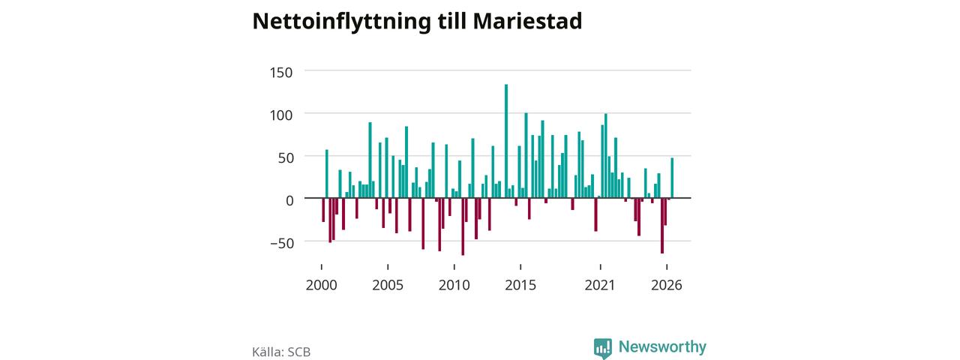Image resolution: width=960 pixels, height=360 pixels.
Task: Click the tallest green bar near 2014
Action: [506, 141]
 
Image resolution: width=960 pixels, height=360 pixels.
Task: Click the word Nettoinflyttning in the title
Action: [341, 22]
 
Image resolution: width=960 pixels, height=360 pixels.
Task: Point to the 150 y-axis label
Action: [281, 73]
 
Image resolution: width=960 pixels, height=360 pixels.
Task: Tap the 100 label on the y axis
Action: [281, 115]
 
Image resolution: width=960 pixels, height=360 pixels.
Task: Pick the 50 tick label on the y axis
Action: [286, 157]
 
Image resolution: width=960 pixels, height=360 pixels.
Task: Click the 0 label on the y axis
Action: [289, 200]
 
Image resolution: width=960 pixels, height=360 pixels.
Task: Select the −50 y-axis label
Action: [283, 243]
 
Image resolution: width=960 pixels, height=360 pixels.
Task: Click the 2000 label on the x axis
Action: [322, 285]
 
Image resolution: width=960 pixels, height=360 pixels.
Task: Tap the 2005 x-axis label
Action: [388, 285]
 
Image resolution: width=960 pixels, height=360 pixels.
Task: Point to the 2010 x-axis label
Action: [454, 285]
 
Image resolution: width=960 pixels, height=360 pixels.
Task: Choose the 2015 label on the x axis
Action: [520, 285]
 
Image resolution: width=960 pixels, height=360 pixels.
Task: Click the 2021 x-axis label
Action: [600, 285]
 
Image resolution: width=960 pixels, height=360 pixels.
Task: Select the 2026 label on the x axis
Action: [667, 285]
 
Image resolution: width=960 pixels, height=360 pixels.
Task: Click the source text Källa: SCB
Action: [281, 352]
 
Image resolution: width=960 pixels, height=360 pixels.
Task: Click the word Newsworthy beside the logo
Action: [662, 346]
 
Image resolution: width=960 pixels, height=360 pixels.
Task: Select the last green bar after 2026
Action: [672, 178]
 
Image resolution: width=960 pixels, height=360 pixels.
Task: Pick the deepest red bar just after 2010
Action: [463, 226]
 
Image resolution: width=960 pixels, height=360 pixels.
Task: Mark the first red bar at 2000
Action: [323, 210]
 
